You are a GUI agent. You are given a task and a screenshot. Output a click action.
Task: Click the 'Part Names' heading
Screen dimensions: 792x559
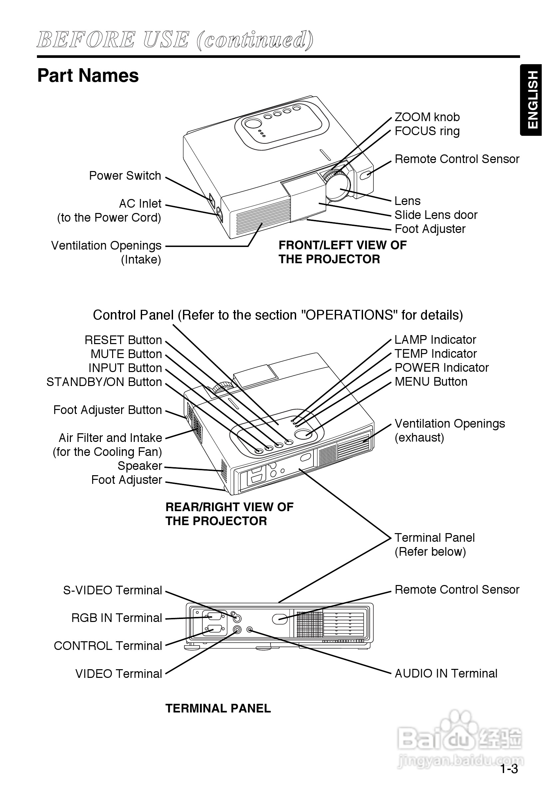88,76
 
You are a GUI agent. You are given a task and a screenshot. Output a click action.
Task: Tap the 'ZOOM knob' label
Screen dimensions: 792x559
427,117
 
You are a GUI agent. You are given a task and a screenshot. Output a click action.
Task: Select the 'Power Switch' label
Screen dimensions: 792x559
125,176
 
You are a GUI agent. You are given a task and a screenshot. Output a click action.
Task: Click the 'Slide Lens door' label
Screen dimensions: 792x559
436,215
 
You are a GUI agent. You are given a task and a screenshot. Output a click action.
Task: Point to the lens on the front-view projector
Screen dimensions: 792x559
340,188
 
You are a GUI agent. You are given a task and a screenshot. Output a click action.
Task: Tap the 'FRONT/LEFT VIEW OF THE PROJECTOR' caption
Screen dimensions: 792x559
342,252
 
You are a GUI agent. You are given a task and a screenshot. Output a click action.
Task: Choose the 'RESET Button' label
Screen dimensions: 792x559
123,340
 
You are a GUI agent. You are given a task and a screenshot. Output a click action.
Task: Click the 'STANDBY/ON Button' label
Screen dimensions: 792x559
104,382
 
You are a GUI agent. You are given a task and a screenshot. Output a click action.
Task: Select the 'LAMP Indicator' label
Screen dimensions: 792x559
435,340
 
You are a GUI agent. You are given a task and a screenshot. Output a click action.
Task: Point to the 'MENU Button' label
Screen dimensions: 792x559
431,382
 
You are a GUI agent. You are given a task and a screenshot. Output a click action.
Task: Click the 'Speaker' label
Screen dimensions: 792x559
140,466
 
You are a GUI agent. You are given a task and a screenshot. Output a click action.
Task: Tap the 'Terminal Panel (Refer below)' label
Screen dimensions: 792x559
435,545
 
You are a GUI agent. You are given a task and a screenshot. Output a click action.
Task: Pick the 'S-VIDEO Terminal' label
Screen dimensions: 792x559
112,590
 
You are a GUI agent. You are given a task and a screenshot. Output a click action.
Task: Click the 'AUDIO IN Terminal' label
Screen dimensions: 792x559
446,673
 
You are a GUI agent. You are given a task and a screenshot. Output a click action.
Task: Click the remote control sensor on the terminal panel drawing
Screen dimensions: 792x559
280,619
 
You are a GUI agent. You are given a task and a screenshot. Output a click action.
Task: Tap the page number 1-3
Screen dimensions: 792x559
509,769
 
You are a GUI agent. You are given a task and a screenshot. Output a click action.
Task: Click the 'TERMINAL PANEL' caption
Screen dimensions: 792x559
218,708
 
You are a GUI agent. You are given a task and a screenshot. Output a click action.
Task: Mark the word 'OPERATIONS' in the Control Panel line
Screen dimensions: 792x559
349,315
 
